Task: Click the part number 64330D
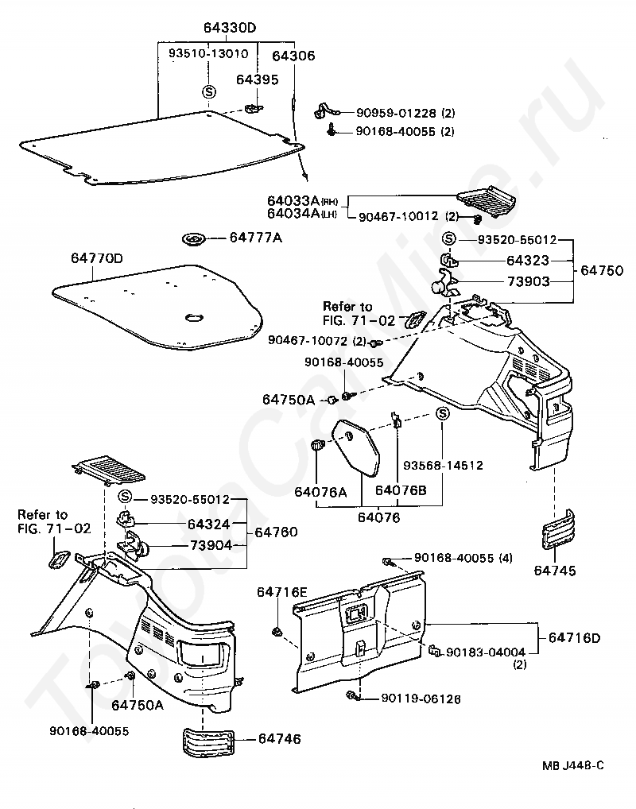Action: (230, 29)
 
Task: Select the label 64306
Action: (293, 56)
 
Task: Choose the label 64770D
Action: (96, 258)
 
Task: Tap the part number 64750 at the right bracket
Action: (602, 270)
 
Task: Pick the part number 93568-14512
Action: (443, 466)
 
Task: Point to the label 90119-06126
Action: (421, 699)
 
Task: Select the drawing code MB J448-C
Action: (573, 765)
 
